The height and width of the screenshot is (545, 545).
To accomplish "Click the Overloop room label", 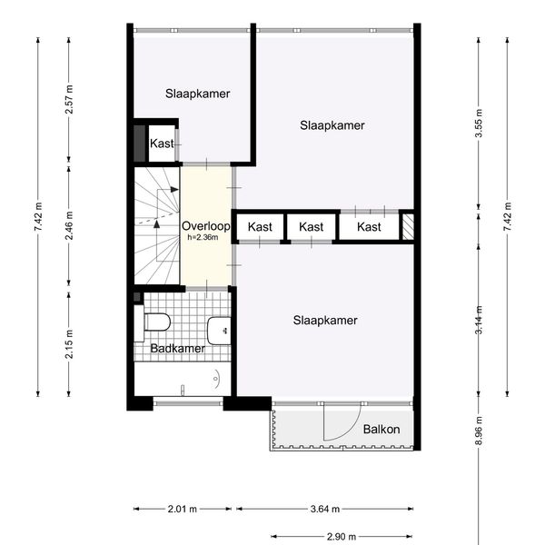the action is [x=206, y=226].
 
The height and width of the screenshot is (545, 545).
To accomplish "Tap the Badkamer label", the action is [x=178, y=348].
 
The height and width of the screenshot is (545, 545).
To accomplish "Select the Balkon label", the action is [x=381, y=430].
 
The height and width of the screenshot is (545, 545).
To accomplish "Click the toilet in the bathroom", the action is [x=153, y=322].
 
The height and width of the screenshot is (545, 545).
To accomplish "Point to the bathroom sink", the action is [x=219, y=331].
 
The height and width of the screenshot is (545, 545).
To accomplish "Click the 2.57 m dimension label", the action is [x=69, y=99].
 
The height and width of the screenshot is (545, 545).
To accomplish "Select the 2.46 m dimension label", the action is [x=69, y=225].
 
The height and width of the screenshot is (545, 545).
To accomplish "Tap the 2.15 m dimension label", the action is [x=69, y=343].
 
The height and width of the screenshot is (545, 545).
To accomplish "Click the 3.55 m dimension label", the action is [x=479, y=123].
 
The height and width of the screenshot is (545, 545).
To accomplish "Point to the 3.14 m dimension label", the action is [x=479, y=320].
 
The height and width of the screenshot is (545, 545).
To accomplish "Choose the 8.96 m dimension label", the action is [x=479, y=431].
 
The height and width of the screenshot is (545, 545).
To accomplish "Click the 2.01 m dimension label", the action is [x=183, y=510].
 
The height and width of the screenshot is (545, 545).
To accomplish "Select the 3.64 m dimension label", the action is [x=325, y=510].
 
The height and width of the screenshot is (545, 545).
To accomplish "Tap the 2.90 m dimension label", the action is [x=342, y=537].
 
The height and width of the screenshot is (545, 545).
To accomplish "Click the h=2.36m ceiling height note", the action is [x=203, y=237].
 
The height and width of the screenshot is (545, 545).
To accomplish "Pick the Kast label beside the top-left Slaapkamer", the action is [x=162, y=144].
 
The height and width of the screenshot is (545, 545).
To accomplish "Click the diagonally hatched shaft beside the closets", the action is [x=408, y=226].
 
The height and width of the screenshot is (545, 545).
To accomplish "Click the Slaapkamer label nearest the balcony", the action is [x=325, y=320].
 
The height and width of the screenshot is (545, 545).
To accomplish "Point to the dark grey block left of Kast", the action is [x=139, y=144].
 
